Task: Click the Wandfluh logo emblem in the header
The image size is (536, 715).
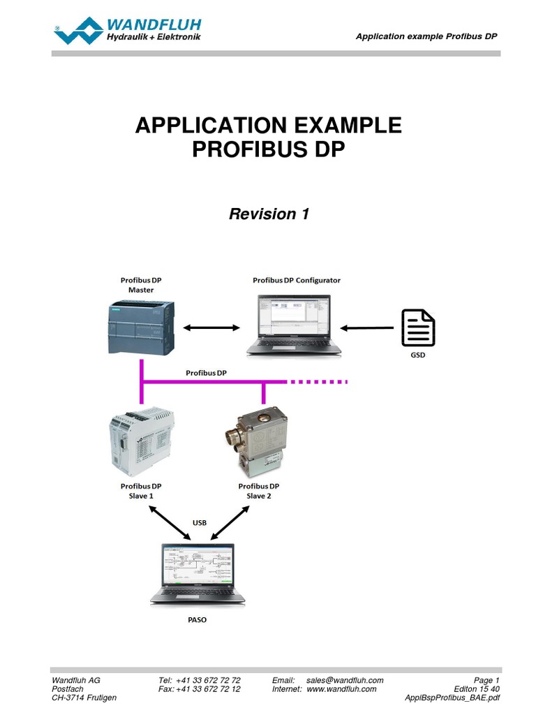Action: pos(78,31)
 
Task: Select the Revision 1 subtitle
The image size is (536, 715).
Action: pos(269,214)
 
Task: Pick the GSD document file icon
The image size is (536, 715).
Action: pos(418,327)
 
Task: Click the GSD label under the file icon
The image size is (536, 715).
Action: pos(418,355)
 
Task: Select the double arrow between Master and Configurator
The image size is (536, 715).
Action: pos(211,327)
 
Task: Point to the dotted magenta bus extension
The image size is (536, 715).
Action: pos(318,382)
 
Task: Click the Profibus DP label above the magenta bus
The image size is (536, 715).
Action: pos(206,373)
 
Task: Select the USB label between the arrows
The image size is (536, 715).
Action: pos(200,522)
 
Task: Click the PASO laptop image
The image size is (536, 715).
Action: pos(198,574)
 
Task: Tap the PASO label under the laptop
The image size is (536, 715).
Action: pos(197,619)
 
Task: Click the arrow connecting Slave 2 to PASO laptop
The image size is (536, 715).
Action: pos(230,523)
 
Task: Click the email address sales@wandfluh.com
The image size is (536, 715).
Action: pos(345,680)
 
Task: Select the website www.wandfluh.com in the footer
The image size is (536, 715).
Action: pos(341,688)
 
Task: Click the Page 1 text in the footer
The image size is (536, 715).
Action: pos(486,680)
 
